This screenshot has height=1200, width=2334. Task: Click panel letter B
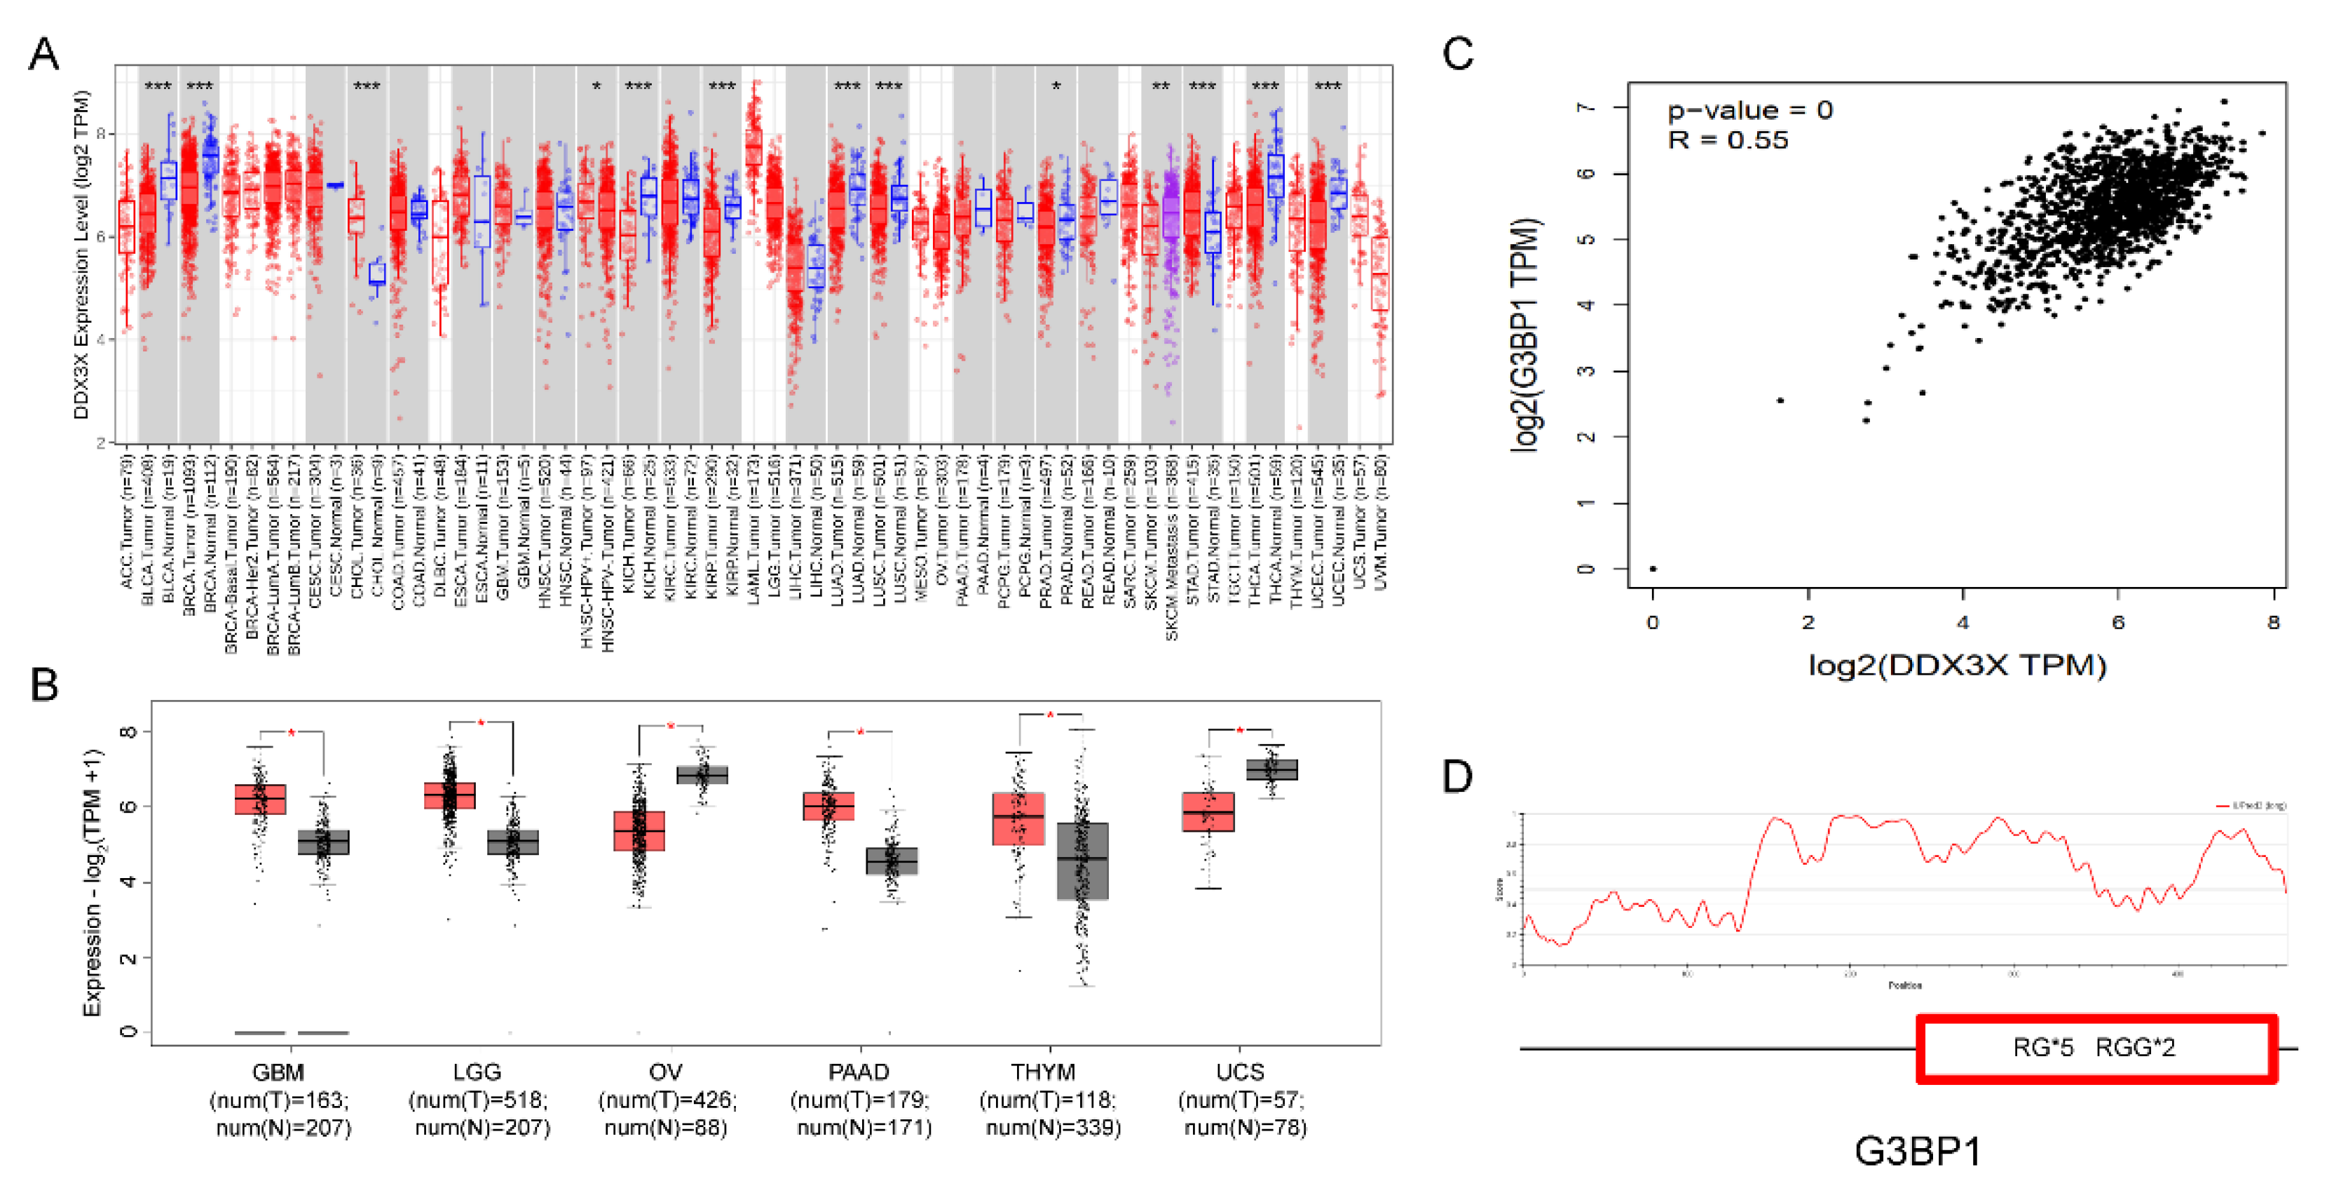[43, 685]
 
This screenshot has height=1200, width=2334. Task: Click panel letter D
[1457, 776]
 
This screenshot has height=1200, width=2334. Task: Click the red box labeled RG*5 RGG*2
[2096, 1049]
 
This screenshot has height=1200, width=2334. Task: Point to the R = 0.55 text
[1728, 140]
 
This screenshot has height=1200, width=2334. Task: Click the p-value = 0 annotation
[1749, 111]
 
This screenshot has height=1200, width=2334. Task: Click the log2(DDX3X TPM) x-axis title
[1957, 666]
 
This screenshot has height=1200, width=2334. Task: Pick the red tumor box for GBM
[260, 800]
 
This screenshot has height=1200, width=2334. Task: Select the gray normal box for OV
[702, 775]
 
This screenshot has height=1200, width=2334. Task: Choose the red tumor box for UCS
[1208, 811]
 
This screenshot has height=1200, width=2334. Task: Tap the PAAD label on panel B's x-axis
[858, 1072]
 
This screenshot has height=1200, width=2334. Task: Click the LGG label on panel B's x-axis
[477, 1072]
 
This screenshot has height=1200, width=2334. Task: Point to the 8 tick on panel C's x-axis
[2273, 623]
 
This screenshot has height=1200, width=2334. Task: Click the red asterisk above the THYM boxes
[1050, 716]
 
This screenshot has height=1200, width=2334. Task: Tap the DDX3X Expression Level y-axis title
[81, 254]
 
